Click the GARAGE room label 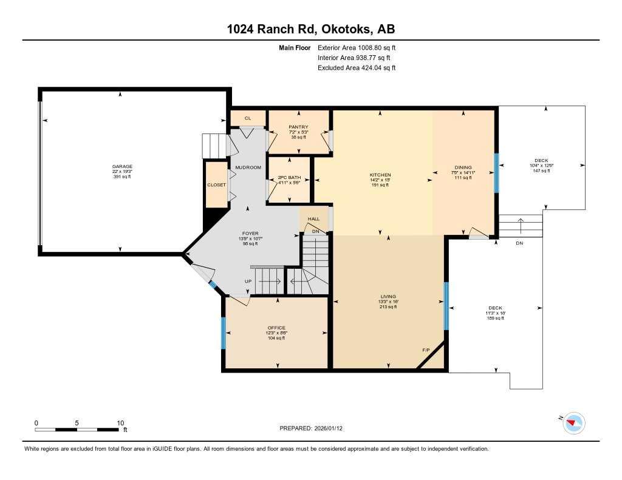coord(121,166)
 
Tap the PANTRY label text coord(299,127)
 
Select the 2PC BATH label coord(289,178)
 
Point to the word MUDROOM coord(248,167)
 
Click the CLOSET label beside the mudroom coord(216,184)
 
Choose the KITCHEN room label coord(380,175)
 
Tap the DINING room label coord(463,167)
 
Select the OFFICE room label coord(276,328)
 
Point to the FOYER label coord(250,233)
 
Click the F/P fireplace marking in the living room coord(426,350)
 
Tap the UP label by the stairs coord(248,281)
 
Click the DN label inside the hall coord(315,231)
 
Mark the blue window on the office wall coord(223,334)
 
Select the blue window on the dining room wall coord(496,172)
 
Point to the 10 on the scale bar coord(120,423)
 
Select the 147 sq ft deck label coord(541,171)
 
